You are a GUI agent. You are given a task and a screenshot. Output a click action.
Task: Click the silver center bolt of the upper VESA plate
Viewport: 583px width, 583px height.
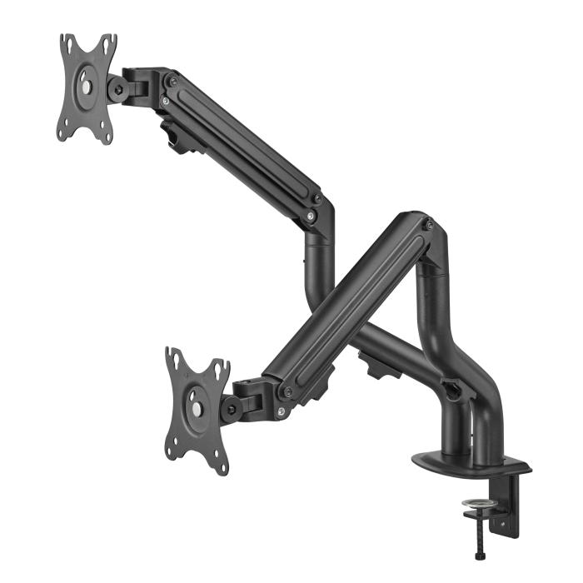tap(87, 87)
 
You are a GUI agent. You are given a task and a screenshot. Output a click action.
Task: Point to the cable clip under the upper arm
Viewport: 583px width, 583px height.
tap(182, 137)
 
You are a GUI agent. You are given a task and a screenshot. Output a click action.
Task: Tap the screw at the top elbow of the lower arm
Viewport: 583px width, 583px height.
tap(427, 225)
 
